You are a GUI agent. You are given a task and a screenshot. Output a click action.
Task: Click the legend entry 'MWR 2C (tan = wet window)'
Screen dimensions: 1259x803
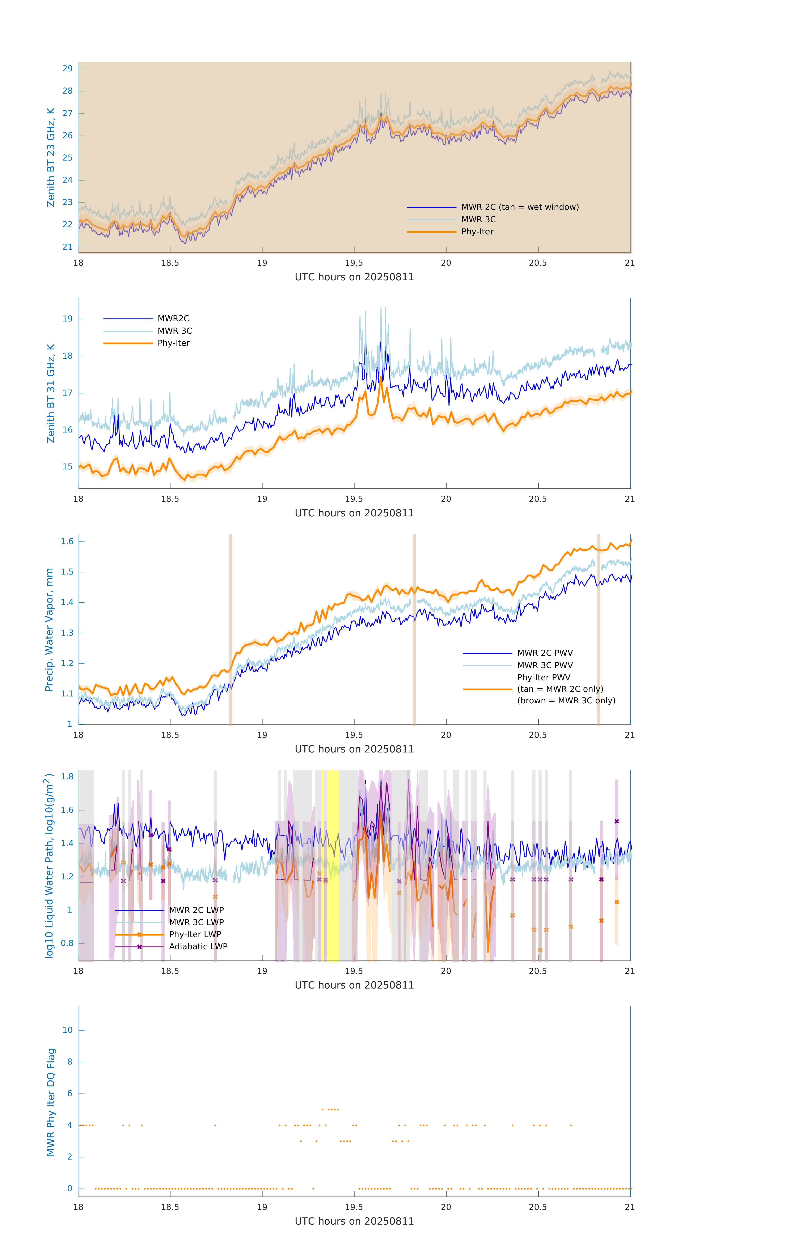click(519, 207)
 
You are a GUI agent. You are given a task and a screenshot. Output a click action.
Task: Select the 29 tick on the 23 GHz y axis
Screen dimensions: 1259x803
click(67, 68)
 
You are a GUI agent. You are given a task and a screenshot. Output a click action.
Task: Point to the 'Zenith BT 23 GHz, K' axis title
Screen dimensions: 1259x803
click(51, 157)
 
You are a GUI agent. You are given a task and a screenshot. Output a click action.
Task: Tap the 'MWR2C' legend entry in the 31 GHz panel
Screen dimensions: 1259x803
click(173, 318)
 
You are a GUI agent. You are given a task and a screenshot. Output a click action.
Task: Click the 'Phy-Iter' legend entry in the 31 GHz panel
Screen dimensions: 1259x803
click(173, 343)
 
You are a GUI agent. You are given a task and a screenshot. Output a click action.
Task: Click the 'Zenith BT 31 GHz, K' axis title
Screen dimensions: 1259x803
click(51, 393)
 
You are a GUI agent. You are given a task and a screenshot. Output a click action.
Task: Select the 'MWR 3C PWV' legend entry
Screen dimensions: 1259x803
click(545, 665)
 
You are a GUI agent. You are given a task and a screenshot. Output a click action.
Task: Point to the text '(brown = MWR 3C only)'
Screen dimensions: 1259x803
click(566, 701)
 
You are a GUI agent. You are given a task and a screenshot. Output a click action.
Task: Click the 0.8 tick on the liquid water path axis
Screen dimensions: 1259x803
click(67, 943)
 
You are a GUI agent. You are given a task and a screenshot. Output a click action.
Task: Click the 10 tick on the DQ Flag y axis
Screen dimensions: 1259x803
click(67, 1030)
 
